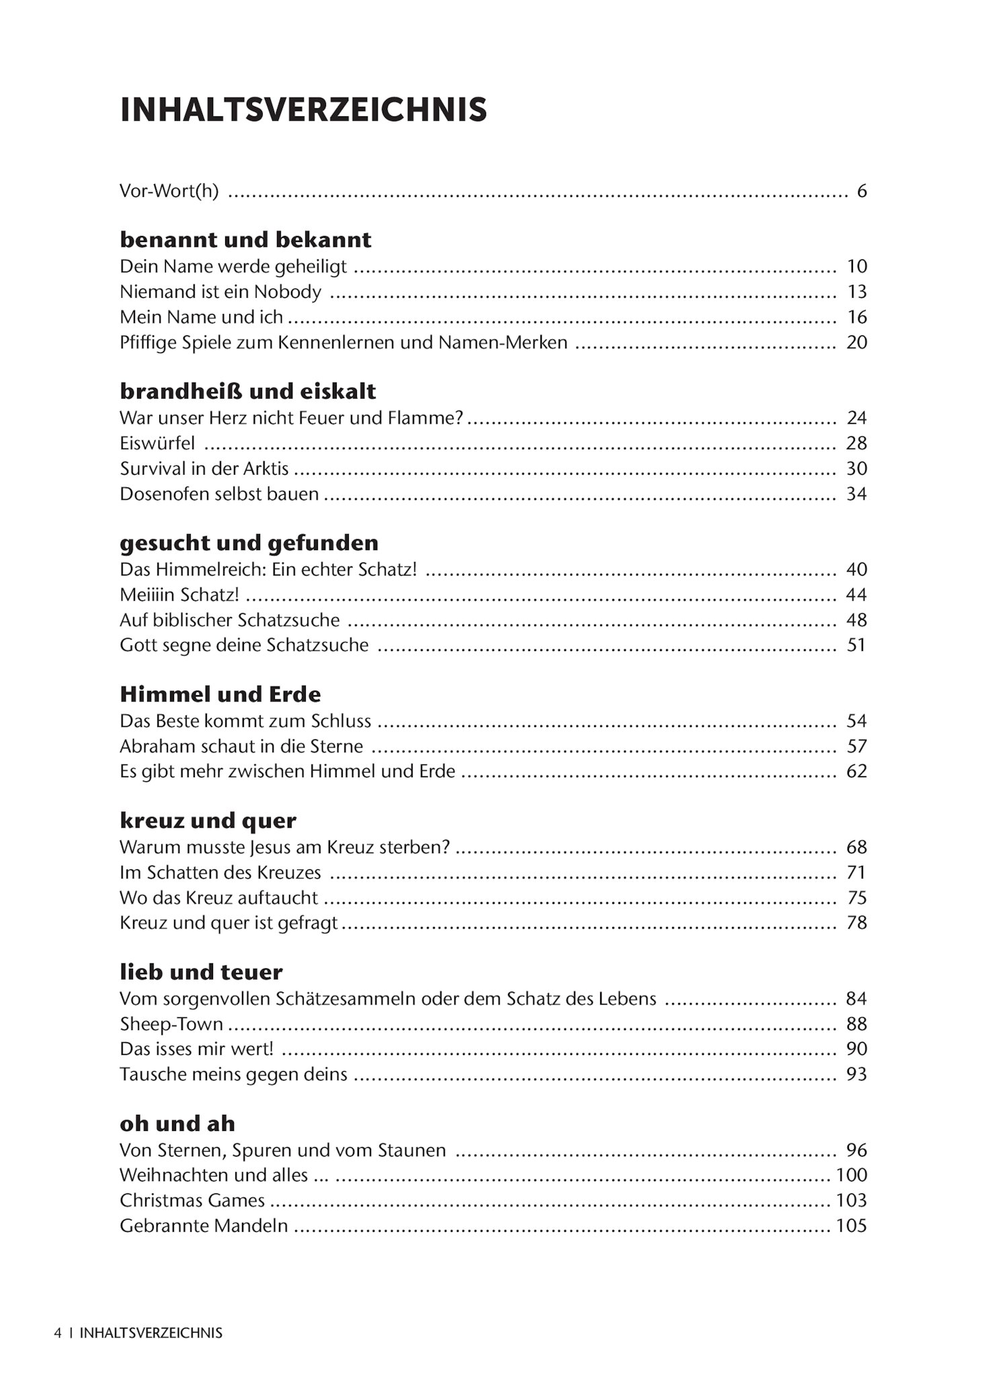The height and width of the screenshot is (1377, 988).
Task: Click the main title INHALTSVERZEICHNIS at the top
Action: coord(303,110)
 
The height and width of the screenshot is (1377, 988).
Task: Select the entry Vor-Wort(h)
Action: coord(169,192)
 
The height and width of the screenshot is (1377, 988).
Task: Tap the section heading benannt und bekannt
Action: coord(245,239)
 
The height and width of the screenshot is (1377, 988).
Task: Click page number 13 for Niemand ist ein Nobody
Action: coord(856,292)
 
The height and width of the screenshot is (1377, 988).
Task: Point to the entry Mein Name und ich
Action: coord(201,317)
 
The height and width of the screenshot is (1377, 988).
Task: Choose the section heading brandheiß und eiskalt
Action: coord(247,391)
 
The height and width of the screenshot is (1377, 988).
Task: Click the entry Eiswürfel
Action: coord(157,443)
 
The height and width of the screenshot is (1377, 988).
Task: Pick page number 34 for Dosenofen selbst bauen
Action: coord(856,494)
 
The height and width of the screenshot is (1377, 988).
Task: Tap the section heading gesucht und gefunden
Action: coord(249,543)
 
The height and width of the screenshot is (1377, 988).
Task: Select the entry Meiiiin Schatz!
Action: coord(179,595)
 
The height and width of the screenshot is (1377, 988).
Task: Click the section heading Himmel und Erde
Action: coord(220,694)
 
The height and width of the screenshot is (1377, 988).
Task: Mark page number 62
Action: coord(856,771)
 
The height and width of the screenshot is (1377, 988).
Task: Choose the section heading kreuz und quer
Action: coord(208,820)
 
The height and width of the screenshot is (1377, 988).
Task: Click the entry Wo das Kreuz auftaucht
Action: coord(218,898)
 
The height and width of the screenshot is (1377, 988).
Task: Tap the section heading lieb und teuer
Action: coord(201,972)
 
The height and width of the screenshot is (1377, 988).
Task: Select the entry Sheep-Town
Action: coord(171,1024)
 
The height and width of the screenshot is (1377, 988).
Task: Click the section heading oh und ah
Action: coord(177,1124)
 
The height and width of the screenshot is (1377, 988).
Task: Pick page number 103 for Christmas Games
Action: coord(851,1201)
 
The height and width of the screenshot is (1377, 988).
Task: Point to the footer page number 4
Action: coord(58,1333)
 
